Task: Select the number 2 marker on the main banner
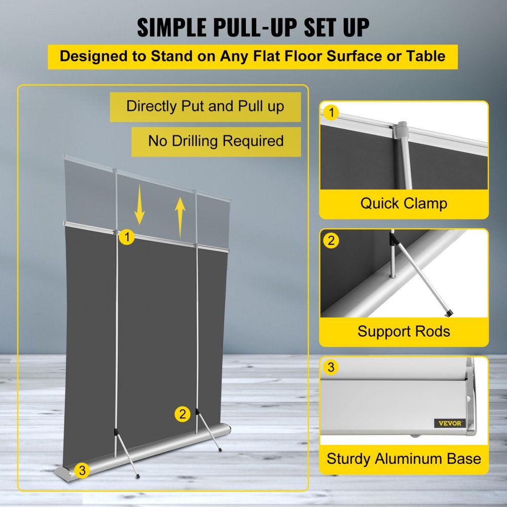[x=183, y=414]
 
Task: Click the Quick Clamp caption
[x=404, y=204]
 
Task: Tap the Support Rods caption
[x=404, y=332]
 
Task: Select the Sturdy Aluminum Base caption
[x=404, y=459]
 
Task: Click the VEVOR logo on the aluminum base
[x=450, y=423]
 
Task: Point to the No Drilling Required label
[x=215, y=141]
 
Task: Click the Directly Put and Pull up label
[x=205, y=106]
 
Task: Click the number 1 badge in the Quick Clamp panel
[x=331, y=113]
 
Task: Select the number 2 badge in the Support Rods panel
[x=331, y=240]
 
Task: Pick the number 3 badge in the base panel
[x=331, y=368]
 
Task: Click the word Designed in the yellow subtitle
[x=89, y=56]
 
